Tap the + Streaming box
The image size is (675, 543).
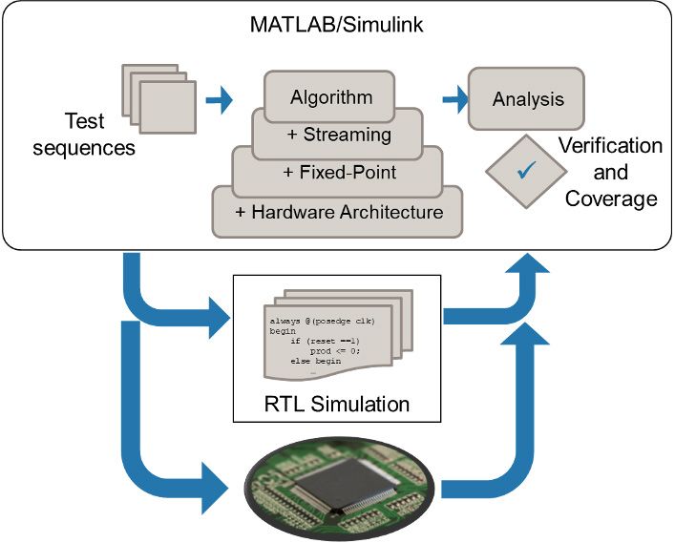click(x=338, y=135)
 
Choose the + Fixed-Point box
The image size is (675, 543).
click(x=340, y=173)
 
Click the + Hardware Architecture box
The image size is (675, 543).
click(x=337, y=211)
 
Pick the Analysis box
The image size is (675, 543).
click(x=527, y=99)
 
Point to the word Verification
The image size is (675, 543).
click(x=609, y=146)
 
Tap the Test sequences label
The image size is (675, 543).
click(x=84, y=135)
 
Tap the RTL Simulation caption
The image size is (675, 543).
click(x=336, y=404)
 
